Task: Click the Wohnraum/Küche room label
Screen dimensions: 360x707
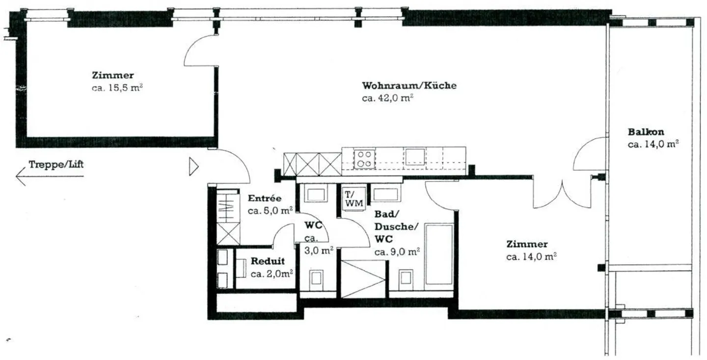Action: (409, 85)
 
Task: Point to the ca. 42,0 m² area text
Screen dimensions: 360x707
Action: (387, 98)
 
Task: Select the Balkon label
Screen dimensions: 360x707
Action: (646, 132)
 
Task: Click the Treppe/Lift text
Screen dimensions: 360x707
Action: (56, 164)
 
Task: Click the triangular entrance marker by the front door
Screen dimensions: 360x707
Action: (193, 167)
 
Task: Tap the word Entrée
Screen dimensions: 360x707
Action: (265, 198)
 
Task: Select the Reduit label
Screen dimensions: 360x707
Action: (268, 261)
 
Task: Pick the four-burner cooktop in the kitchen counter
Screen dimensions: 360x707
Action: (364, 158)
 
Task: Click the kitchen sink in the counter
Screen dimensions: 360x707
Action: (415, 157)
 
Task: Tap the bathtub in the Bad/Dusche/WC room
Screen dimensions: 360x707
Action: (438, 254)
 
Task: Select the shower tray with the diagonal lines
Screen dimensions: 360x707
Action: (363, 278)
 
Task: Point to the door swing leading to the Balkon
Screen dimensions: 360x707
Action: (589, 155)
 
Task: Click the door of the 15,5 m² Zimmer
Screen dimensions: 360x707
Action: (200, 51)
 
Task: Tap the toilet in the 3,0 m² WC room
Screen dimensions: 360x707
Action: (316, 278)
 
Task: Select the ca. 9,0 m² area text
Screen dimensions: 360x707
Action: (397, 252)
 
